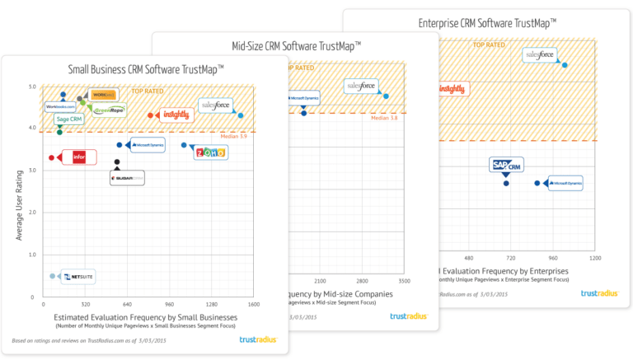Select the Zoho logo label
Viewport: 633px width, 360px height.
pyautogui.click(x=209, y=153)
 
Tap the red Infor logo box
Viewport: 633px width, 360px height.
pyautogui.click(x=79, y=157)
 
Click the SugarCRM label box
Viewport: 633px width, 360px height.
pyautogui.click(x=127, y=178)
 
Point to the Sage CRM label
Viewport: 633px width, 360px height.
pyautogui.click(x=69, y=119)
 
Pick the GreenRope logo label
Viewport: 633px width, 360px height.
pyautogui.click(x=108, y=110)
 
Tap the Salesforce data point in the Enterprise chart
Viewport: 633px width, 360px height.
pyautogui.click(x=565, y=65)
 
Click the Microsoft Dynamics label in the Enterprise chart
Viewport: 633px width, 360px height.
pyautogui.click(x=564, y=183)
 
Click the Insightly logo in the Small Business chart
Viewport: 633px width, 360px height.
pyautogui.click(x=176, y=115)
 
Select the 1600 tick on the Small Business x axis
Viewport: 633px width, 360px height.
pyautogui.click(x=254, y=304)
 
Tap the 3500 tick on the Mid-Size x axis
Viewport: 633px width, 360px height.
pyautogui.click(x=404, y=281)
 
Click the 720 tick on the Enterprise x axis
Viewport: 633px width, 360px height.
pyautogui.click(x=510, y=258)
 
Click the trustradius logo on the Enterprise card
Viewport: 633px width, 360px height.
pyautogui.click(x=599, y=293)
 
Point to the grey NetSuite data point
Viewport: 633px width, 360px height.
pyautogui.click(x=52, y=276)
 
